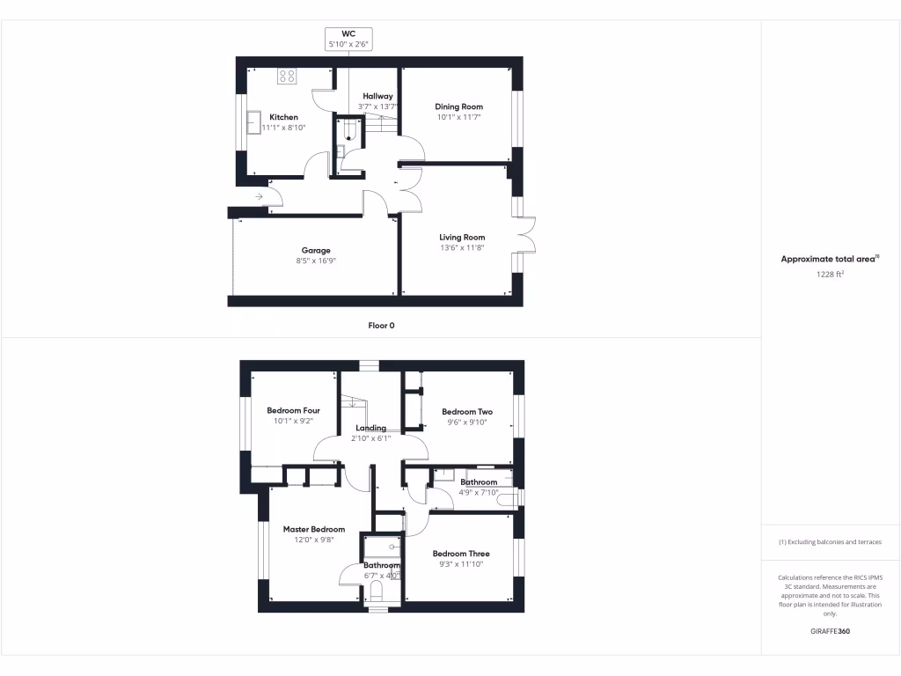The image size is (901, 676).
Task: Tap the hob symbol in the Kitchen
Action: click(288, 76)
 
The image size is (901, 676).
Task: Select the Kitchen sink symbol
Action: click(254, 120)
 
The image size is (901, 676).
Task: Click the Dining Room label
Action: click(459, 107)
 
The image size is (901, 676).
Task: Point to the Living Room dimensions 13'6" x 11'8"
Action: click(462, 248)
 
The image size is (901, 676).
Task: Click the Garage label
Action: click(316, 250)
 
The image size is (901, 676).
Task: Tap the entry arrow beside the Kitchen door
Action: click(260, 196)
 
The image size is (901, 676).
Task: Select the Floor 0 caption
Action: click(381, 326)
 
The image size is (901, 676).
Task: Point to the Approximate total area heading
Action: click(830, 259)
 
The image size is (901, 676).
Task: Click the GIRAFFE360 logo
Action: click(830, 631)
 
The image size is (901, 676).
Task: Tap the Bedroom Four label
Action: click(293, 410)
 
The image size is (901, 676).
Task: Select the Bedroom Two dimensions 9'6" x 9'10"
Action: click(466, 422)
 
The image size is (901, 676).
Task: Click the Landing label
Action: click(370, 428)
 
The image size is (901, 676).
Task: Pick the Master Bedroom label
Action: click(313, 529)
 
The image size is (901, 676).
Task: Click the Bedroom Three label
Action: click(461, 554)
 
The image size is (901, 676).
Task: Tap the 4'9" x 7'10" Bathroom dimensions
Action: click(478, 493)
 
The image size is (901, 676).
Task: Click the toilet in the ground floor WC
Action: click(350, 134)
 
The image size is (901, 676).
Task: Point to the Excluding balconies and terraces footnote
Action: click(830, 542)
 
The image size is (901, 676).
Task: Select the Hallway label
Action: click(377, 96)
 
